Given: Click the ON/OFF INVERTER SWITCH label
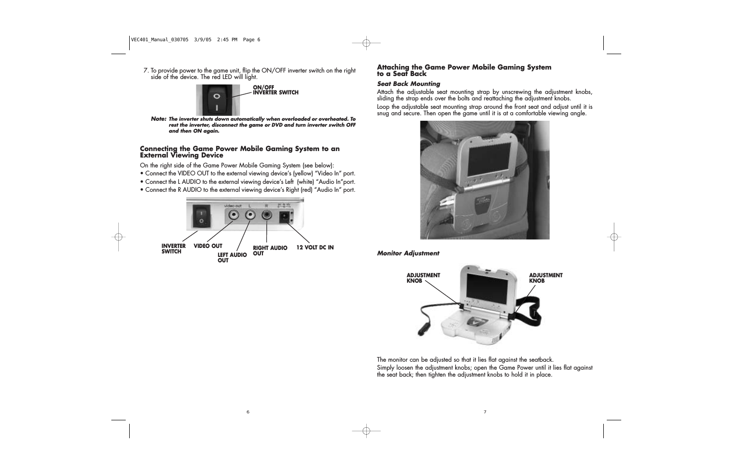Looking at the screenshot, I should coord(275,90).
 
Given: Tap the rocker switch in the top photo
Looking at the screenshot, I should coord(216,100).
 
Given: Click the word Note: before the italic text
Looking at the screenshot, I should coord(158,119).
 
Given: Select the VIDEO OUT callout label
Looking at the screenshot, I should coord(208,246).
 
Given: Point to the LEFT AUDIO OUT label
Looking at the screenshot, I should coord(232,257).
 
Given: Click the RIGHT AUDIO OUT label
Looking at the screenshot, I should coord(270,250).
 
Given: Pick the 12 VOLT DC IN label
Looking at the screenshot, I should coord(315,247).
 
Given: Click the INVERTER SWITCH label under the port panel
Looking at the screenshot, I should coord(173,248).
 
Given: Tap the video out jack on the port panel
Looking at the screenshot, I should coord(234,216).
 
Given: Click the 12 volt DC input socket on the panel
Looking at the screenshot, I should coord(284,217).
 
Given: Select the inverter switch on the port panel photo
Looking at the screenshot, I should coord(201,216).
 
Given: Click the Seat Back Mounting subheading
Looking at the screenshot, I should coord(408,84).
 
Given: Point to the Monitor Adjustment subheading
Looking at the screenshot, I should coord(408,253).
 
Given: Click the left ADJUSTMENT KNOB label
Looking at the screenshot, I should coord(423,278).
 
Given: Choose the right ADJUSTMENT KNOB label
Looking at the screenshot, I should coord(546,278).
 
